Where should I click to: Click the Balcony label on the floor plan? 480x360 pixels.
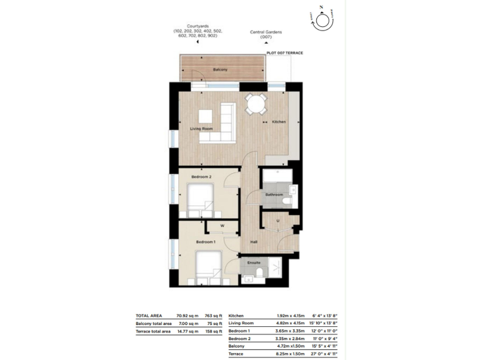[x=219, y=69]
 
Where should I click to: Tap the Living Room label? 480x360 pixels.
[x=201, y=129]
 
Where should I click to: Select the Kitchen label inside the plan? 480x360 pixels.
[x=278, y=122]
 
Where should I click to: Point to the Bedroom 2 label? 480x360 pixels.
[x=201, y=177]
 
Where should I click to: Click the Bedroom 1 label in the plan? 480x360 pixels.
[x=206, y=241]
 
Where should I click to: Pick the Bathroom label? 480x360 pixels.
[x=274, y=195]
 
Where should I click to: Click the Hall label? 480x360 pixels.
[x=254, y=241]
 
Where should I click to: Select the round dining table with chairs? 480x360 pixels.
[x=256, y=105]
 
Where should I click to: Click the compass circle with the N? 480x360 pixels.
[x=324, y=21]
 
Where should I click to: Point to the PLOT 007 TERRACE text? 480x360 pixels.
[x=284, y=53]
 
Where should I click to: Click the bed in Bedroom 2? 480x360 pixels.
[x=201, y=200]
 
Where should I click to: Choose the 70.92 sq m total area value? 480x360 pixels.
[x=185, y=316]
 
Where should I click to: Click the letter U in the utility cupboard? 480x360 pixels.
[x=276, y=221]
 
